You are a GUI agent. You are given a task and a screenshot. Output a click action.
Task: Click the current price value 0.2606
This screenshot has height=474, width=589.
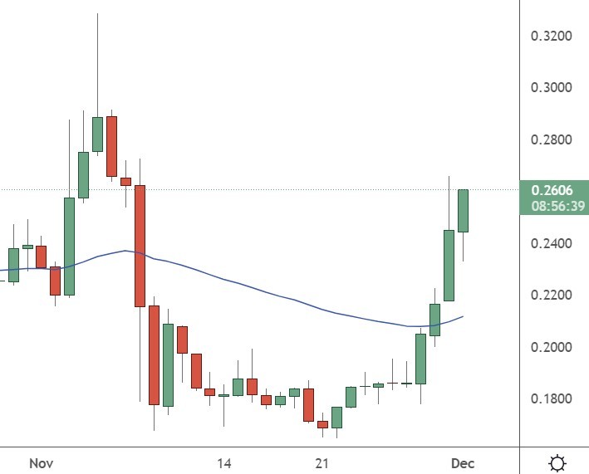(552, 190)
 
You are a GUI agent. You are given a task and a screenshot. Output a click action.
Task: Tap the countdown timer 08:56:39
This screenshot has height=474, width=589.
(552, 204)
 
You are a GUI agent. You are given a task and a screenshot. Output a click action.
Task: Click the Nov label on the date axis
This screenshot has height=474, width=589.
(41, 462)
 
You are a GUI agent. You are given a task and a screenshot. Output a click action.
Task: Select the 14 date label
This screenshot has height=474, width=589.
(223, 462)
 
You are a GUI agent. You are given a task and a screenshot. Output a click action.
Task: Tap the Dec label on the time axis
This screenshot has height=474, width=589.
(463, 462)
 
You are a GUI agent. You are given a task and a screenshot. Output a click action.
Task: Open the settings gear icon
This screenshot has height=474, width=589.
(558, 462)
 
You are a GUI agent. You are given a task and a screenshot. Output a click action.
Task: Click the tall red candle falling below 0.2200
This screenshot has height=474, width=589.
(140, 246)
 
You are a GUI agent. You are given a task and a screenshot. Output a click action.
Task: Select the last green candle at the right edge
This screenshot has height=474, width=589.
(463, 211)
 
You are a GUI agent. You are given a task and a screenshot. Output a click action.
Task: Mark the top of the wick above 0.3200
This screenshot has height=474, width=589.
(97, 14)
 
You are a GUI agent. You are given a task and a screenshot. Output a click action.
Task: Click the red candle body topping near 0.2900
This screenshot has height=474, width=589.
(111, 146)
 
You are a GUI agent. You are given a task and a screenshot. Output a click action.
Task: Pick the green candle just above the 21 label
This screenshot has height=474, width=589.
(336, 416)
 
